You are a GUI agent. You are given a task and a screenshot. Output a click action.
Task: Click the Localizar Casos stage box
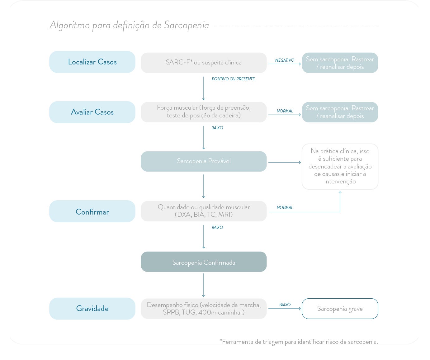[x=92, y=62]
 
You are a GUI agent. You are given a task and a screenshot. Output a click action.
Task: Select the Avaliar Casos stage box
[x=92, y=112]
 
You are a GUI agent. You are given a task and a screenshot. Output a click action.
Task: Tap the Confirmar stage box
[x=92, y=212]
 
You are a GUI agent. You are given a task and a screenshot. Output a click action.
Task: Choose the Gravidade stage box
[x=92, y=309]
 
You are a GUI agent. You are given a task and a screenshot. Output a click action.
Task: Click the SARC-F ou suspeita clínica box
[x=204, y=63]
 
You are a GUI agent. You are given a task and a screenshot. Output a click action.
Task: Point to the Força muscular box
[x=204, y=112]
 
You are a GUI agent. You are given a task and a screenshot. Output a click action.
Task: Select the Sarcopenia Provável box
[x=204, y=161]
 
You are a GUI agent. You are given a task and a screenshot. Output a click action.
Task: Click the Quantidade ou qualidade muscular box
[x=204, y=211]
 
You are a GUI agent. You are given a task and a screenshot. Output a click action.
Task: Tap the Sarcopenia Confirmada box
[x=204, y=262]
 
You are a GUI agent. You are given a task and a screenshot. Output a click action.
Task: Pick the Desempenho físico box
[x=204, y=309]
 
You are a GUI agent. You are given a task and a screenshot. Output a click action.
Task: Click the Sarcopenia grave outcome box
[x=340, y=309]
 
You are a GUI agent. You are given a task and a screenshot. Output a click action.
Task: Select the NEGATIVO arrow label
[x=285, y=60]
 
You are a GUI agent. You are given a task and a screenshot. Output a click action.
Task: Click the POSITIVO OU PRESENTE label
[x=233, y=79]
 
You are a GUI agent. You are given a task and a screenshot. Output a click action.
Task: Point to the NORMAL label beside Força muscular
[x=285, y=111]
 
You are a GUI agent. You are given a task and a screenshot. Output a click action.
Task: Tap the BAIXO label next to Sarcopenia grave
[x=285, y=305]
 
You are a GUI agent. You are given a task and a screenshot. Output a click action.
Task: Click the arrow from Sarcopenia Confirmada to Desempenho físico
[x=204, y=285]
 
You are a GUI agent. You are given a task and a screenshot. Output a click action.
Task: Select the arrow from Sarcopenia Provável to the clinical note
[x=284, y=162]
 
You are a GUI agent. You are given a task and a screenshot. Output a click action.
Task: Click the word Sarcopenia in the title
[x=186, y=25]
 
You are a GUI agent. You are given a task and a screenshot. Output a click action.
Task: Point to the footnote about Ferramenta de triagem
[x=299, y=342]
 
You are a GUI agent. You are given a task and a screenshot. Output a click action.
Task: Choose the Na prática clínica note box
[x=340, y=166]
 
